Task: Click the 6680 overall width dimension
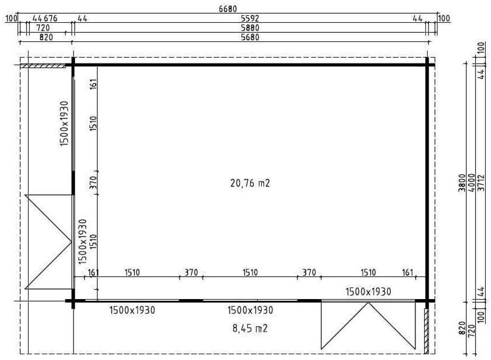[228, 8]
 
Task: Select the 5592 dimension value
[250, 19]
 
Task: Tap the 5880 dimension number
[250, 28]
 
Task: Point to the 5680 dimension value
[250, 37]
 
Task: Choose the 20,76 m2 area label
[250, 183]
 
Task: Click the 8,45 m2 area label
[250, 328]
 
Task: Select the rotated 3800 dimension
[462, 183]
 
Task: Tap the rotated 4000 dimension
[471, 183]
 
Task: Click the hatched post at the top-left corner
[43, 66]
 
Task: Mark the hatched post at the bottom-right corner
[426, 331]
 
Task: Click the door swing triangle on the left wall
[49, 242]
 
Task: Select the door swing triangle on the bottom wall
[368, 325]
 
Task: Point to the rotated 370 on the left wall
[94, 183]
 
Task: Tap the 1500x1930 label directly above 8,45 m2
[250, 310]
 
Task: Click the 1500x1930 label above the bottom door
[368, 292]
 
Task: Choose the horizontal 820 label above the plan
[46, 37]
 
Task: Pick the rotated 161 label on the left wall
[94, 84]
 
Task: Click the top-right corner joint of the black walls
[427, 65]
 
